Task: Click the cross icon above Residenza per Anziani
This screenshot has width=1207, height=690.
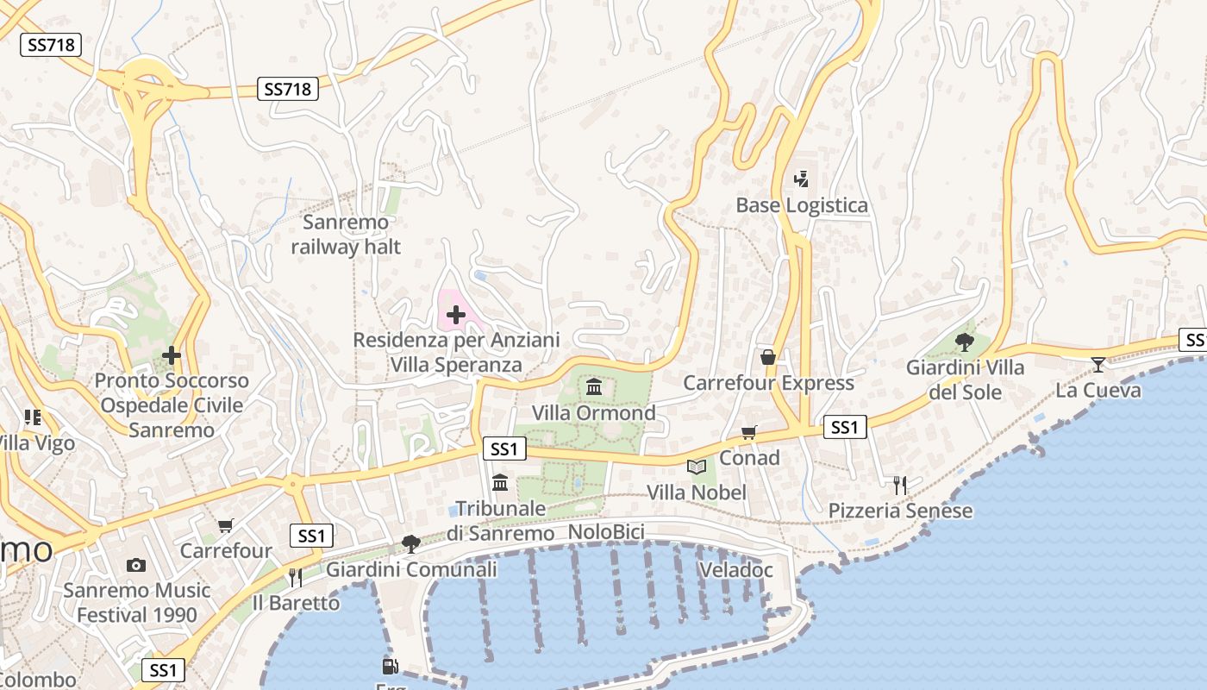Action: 456,315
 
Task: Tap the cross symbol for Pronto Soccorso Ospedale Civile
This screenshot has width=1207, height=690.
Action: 172,354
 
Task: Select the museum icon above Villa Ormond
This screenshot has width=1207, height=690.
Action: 594,386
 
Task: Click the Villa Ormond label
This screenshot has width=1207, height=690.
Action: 593,413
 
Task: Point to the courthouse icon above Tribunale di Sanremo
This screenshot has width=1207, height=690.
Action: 500,482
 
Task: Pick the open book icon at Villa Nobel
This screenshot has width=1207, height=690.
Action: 697,467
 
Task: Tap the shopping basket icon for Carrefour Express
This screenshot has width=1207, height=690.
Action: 767,357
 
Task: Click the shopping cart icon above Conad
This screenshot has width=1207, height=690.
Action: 749,432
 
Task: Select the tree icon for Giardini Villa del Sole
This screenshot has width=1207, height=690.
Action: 965,342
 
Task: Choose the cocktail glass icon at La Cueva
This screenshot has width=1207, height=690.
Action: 1098,364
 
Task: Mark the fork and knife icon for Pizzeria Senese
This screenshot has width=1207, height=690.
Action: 900,485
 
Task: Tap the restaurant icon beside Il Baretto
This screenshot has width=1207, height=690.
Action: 296,576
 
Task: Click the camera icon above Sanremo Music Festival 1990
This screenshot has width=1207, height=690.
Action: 136,565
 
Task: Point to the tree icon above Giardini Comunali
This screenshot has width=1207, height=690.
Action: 411,543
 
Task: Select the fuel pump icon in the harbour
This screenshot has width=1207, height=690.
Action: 390,666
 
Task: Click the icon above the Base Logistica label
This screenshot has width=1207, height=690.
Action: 801,179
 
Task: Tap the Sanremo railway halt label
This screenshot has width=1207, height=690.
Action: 346,235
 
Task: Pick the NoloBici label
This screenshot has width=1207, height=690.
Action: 606,532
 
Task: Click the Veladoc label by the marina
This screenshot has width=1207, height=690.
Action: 735,570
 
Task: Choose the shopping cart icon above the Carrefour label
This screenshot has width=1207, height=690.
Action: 226,525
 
